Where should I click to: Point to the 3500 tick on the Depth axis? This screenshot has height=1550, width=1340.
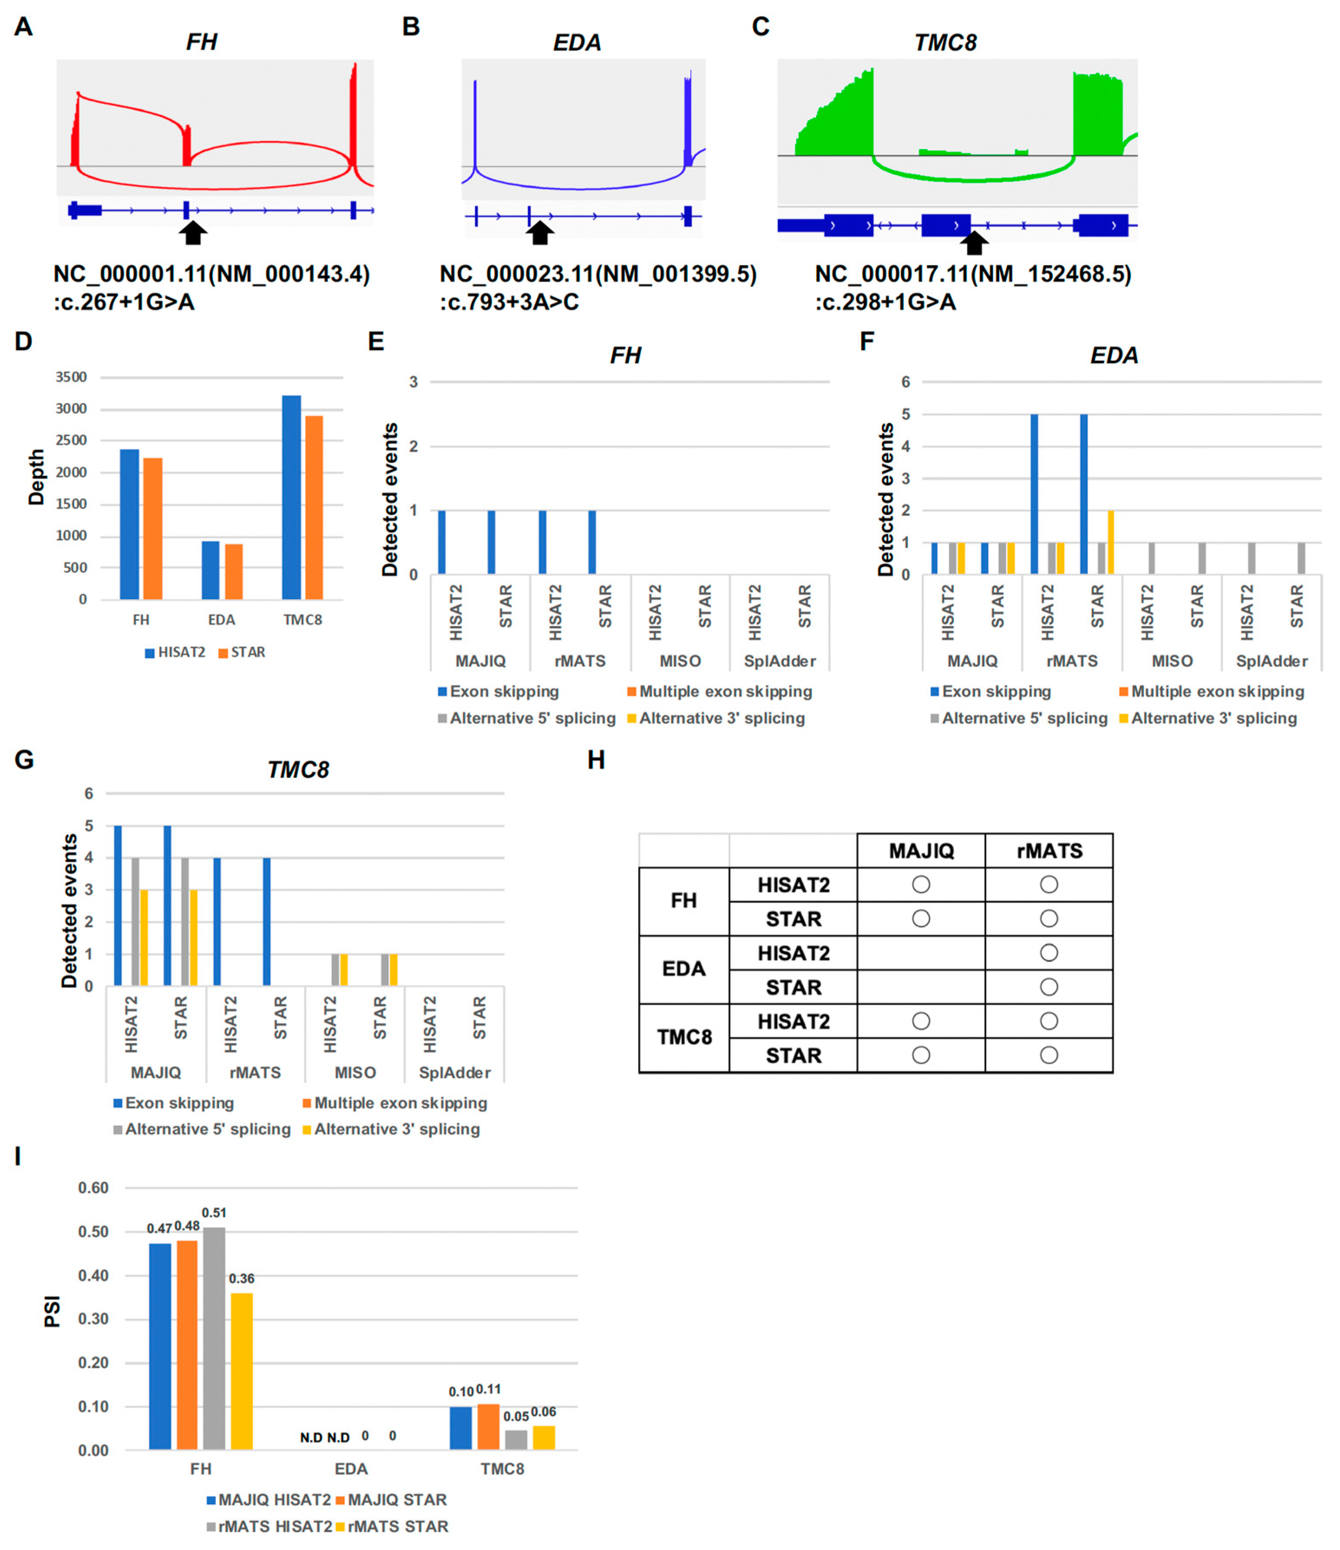(71, 377)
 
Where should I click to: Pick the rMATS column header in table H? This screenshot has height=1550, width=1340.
(1049, 850)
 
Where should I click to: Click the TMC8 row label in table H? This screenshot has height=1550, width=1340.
(684, 1037)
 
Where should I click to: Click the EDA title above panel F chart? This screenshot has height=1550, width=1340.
(1114, 355)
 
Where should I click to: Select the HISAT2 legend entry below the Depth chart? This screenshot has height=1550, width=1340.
(175, 652)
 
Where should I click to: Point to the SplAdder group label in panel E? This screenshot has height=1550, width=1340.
(780, 661)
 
